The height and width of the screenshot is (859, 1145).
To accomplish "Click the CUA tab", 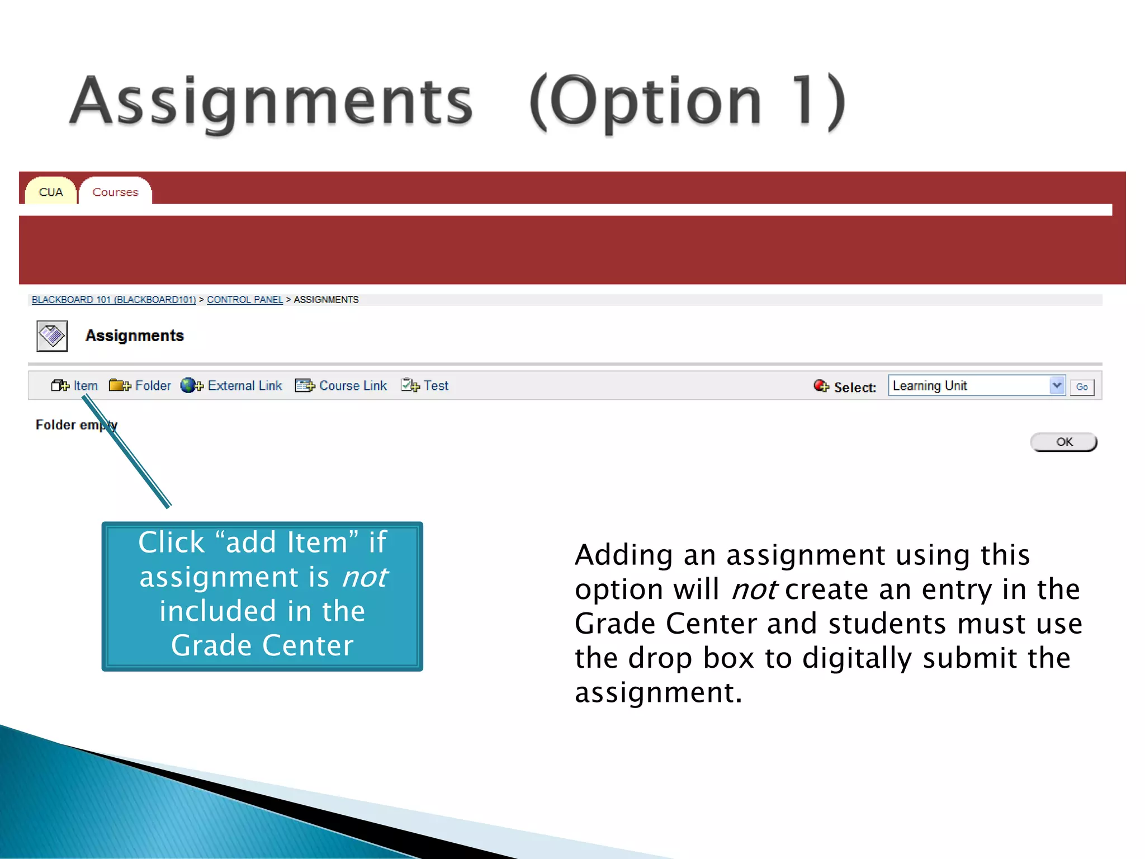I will coord(51,192).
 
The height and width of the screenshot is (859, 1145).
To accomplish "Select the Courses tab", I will coord(115,192).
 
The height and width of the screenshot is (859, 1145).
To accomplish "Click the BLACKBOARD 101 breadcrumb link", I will coord(113,300).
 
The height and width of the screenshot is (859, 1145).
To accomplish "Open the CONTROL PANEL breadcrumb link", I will coord(245,300).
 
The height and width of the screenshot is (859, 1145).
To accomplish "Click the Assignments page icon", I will coord(52,336).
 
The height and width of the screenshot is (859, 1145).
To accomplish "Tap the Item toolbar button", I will coord(75,386).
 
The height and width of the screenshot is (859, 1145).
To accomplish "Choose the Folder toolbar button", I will coord(140,386).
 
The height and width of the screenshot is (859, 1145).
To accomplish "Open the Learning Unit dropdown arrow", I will coord(1057,385).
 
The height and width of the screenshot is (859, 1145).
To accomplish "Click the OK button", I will coord(1064,442).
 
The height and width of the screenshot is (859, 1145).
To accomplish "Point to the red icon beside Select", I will coord(821,386).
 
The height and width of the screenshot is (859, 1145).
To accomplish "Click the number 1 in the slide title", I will coord(803,101).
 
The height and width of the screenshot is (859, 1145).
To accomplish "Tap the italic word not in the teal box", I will coord(365,577).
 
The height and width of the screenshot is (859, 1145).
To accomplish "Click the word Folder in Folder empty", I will coord(55,425).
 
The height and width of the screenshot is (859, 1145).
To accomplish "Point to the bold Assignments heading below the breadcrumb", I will coord(135,336).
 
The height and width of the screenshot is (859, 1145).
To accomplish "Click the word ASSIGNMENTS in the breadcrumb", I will coord(326,300).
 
